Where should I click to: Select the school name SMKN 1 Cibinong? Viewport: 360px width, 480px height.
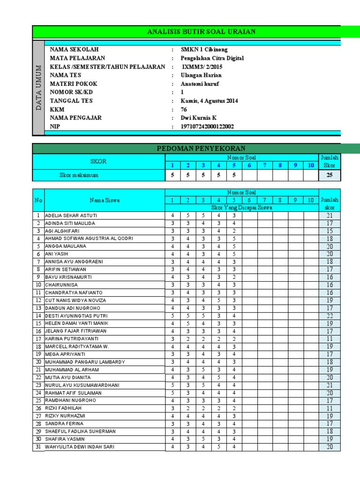click(201, 50)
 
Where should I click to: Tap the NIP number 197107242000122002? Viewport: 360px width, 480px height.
click(208, 127)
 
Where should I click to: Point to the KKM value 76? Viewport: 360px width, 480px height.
click(184, 109)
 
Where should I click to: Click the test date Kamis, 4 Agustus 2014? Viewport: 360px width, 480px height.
click(210, 101)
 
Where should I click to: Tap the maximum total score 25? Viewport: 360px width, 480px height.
click(330, 175)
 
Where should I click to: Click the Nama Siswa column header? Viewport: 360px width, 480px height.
click(105, 200)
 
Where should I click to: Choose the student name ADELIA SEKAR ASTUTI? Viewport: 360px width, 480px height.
click(68, 216)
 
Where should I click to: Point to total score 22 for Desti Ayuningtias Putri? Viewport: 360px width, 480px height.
click(330, 316)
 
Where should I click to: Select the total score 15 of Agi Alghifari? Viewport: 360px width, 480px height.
click(330, 231)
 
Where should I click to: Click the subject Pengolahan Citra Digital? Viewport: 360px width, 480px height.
click(212, 58)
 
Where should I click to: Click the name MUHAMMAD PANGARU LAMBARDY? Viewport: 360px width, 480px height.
click(85, 362)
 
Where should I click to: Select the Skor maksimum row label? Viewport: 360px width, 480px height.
click(79, 175)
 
